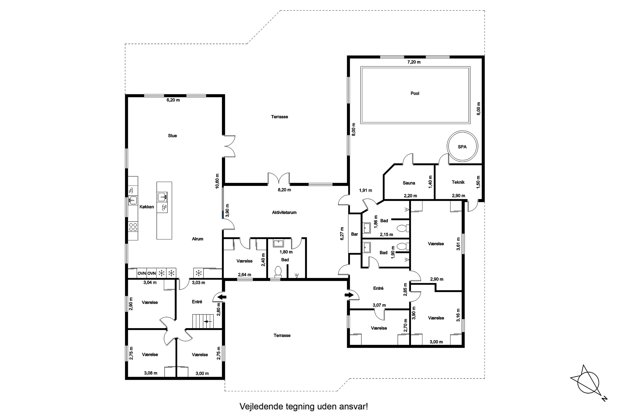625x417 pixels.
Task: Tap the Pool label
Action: coord(415,93)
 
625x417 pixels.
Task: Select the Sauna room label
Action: coord(409,183)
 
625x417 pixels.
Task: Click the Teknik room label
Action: coord(458,182)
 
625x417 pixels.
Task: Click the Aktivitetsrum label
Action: coord(284,212)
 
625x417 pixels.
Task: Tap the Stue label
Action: coord(172,136)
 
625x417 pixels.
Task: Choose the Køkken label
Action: coord(147,207)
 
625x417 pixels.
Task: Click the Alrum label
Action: coord(197,239)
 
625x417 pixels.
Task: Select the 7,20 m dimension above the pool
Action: coord(414,62)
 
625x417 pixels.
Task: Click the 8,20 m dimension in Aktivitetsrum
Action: coord(284,190)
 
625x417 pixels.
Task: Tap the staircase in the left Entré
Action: coord(203,321)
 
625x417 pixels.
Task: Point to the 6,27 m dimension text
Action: coord(342,234)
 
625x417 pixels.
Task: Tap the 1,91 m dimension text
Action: coord(366,190)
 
